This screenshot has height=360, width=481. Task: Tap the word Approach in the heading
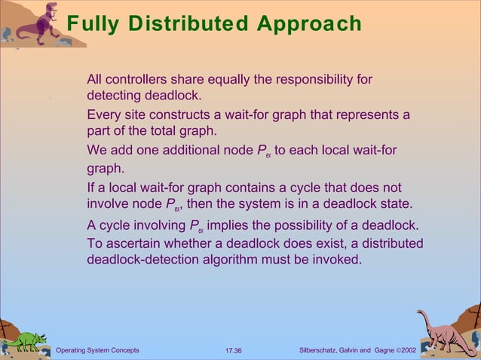click(309, 23)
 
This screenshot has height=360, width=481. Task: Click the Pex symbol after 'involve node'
click(175, 204)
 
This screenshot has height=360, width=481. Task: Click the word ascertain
click(130, 243)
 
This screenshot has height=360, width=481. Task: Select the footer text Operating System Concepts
click(97, 351)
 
